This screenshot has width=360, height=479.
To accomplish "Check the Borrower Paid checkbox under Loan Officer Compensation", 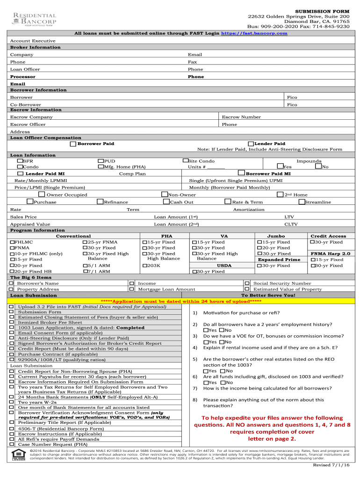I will pos(73,144).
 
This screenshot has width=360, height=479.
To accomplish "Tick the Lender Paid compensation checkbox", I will pos(251,144).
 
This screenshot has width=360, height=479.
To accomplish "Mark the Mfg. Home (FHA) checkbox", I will pos(101,167).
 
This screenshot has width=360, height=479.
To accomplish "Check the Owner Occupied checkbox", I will pos(42,195).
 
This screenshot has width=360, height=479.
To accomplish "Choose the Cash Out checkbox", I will pos(166,202).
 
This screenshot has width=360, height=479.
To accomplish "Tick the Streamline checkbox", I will pos(302,202).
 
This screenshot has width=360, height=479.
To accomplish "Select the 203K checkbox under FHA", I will pos(144,266).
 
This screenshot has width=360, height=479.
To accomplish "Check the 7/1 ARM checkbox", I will pos(86,271).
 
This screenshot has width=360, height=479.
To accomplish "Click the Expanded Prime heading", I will pos(279,260).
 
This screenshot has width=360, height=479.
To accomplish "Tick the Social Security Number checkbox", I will pos(247,283).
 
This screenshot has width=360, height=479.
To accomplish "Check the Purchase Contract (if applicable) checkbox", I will pos(12,355).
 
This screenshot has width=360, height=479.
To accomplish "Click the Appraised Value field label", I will pos(30,224).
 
